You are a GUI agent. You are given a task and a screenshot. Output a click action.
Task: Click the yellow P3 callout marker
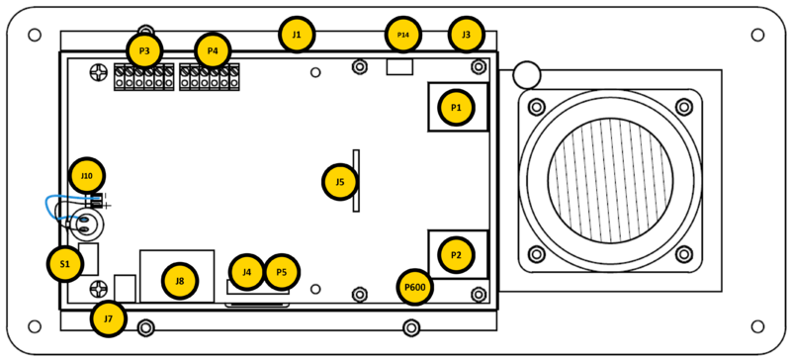(144, 50)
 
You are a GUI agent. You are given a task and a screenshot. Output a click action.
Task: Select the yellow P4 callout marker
(213, 50)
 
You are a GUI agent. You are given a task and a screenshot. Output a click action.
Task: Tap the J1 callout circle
(297, 35)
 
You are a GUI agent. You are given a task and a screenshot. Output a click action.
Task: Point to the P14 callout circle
(402, 35)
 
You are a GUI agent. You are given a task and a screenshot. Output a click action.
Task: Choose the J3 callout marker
(466, 35)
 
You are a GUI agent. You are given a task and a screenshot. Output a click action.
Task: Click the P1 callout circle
(456, 107)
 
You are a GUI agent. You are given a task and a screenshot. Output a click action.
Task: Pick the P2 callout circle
(456, 255)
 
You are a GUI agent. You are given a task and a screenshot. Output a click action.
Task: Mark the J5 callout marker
(340, 182)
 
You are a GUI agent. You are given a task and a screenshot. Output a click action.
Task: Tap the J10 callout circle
(87, 176)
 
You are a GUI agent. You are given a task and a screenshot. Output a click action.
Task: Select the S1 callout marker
(65, 264)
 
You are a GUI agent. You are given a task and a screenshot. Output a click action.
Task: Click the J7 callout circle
(109, 319)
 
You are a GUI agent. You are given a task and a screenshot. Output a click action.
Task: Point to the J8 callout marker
(180, 281)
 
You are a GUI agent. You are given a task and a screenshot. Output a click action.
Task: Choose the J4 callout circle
(246, 271)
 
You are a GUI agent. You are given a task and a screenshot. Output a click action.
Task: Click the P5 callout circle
(282, 271)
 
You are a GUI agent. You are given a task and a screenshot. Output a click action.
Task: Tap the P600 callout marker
(415, 288)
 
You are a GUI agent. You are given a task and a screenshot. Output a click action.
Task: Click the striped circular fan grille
(610, 180)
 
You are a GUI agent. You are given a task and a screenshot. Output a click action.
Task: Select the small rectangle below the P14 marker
(398, 66)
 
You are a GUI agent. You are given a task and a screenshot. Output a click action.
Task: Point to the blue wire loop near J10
(55, 207)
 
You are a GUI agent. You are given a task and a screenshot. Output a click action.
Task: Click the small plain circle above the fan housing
(527, 74)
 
